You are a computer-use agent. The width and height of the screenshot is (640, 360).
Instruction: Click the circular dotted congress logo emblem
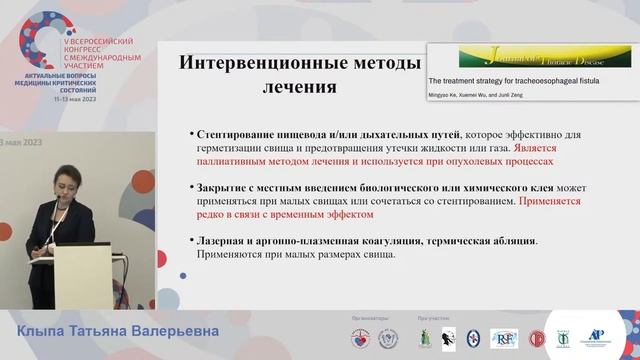coord(40,40)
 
